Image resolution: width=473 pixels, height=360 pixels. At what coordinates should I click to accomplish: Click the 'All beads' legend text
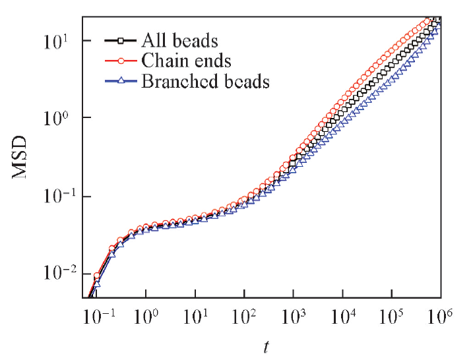tap(179, 41)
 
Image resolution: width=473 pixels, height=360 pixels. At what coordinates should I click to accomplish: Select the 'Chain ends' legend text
tap(185, 61)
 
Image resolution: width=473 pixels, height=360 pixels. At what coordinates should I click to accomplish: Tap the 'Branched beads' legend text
tap(205, 82)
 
